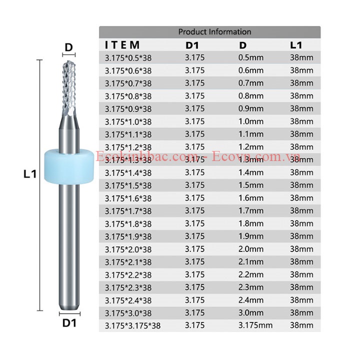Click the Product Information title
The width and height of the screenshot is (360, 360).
(214, 31)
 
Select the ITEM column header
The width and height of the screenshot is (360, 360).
(122, 45)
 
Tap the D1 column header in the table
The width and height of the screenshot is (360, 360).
(192, 45)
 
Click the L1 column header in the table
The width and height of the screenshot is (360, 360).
(296, 45)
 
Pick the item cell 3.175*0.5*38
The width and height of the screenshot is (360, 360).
(128, 58)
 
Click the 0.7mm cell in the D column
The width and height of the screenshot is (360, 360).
(251, 83)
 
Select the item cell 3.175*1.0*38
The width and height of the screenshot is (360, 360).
(128, 121)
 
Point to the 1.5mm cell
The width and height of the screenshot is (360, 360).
(251, 185)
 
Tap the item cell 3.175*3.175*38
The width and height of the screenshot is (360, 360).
(132, 326)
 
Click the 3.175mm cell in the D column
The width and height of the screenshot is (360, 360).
(255, 325)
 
